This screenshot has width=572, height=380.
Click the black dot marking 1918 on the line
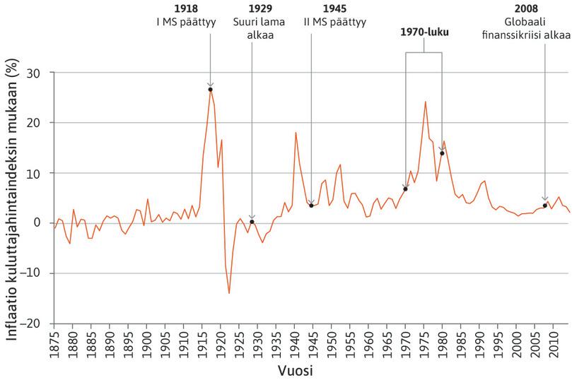pyautogui.click(x=211, y=90)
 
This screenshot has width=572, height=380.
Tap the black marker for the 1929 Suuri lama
pyautogui.click(x=252, y=222)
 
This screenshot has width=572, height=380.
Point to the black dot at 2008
pyautogui.click(x=544, y=206)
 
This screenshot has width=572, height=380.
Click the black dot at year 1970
pyautogui.click(x=405, y=189)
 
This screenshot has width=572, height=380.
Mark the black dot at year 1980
pyautogui.click(x=442, y=153)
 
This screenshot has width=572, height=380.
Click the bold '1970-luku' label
pyautogui.click(x=424, y=33)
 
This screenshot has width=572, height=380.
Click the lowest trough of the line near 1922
pyautogui.click(x=229, y=292)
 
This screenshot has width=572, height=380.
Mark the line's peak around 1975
pyautogui.click(x=425, y=102)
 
